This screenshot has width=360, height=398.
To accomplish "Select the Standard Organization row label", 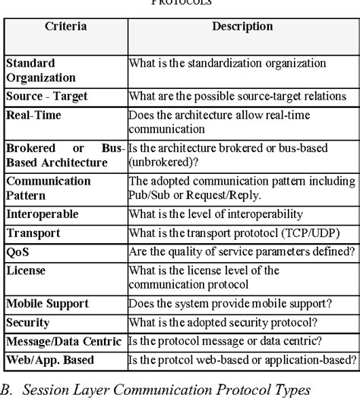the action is tap(40, 70).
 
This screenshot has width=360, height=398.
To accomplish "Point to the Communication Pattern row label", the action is tap(48, 188).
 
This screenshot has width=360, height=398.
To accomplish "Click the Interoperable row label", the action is tap(43, 215).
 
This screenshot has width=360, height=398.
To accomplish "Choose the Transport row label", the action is tap(33, 234).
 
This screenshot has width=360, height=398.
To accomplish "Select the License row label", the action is tap(27, 270).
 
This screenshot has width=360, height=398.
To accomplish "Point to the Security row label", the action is tap(28, 323).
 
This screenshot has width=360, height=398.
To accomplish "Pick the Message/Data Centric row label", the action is tap(63, 340).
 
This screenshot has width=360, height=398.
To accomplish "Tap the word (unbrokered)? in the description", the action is tap(163, 161).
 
